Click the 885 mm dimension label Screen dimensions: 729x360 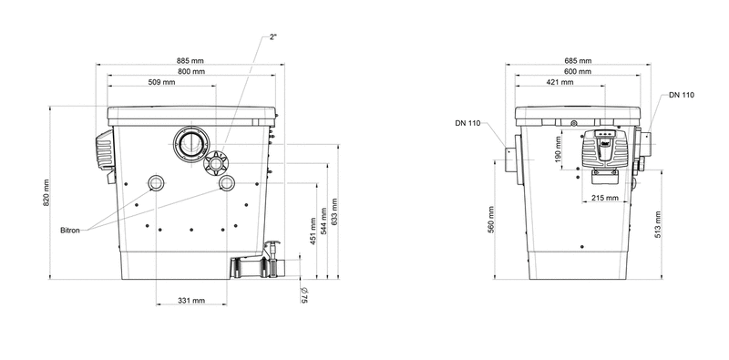(190, 61)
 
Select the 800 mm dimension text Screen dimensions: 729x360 (191, 72)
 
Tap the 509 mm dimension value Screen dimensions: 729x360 (162, 82)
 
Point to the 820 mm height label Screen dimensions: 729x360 (46, 193)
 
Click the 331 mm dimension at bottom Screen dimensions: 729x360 (191, 301)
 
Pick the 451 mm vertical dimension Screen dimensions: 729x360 (313, 231)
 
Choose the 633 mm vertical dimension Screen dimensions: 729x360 (334, 211)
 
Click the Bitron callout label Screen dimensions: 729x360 (70, 231)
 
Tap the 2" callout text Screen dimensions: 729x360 (273, 37)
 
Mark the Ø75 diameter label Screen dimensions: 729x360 (304, 295)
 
